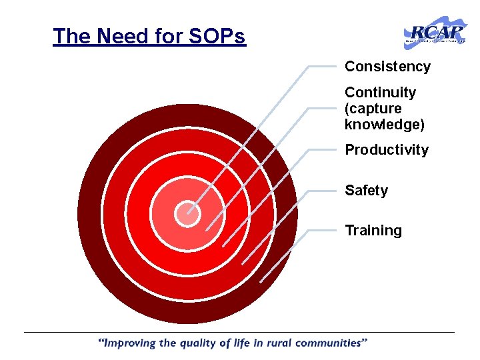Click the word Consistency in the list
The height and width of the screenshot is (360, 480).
(387, 67)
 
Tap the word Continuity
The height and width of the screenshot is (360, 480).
(380, 93)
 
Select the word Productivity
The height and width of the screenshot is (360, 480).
(387, 150)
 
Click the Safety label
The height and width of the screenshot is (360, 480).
(366, 191)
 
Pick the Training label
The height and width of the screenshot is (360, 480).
(373, 231)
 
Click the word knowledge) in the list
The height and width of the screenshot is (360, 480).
(384, 124)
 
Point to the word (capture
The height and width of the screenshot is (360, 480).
(373, 108)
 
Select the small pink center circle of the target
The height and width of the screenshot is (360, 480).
(187, 213)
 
